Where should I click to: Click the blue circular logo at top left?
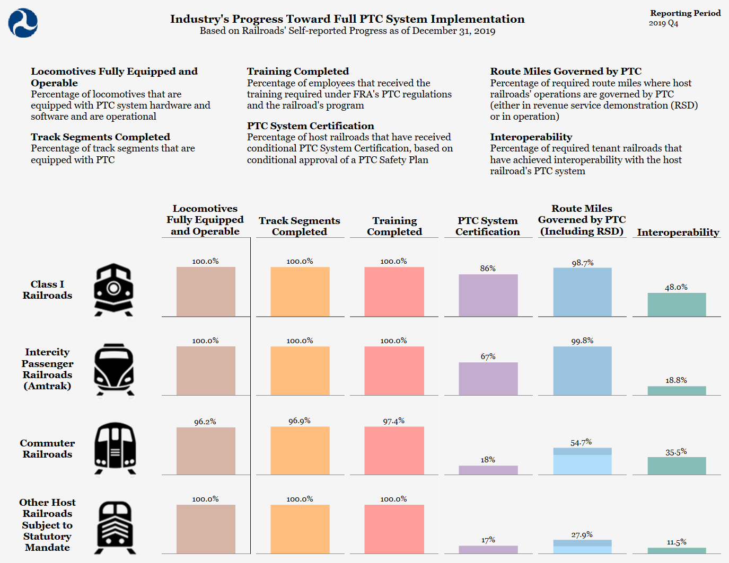pos(23,23)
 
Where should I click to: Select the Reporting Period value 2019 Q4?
pos(663,23)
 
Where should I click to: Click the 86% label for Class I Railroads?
pos(488,269)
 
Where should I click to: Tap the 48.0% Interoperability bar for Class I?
pos(677,305)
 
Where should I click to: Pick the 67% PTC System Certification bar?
pos(488,379)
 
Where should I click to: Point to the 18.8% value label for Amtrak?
pos(676,380)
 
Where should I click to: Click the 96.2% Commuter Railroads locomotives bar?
pos(206,451)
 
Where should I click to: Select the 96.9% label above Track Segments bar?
pos(300,421)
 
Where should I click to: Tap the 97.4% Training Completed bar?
pos(394,451)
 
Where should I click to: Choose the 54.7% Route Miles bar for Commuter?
pos(582,461)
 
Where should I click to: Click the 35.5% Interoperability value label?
pos(676,452)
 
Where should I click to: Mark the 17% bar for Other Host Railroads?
pos(488,550)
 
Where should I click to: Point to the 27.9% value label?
pos(582,535)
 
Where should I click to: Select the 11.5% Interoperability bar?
pos(677,551)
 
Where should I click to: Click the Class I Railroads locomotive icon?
pos(113,290)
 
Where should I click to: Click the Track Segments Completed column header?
pos(300,226)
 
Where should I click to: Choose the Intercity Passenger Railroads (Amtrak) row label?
pos(47,369)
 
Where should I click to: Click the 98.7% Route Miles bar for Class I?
pos(582,292)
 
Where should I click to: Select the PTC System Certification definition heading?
pos(310,126)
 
